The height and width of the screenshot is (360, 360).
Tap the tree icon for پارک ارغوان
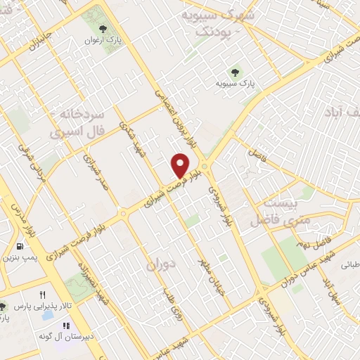(104, 29)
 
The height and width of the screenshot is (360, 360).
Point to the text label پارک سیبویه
(236, 84)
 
